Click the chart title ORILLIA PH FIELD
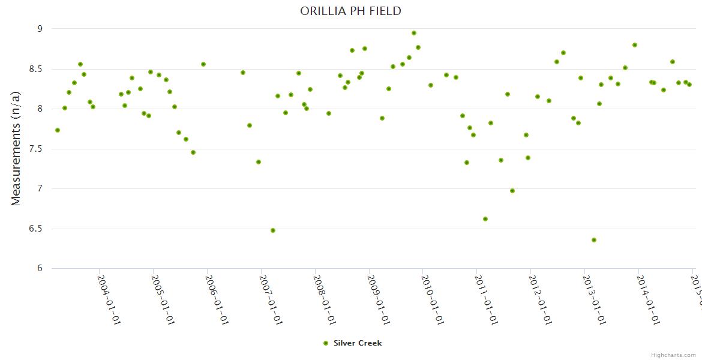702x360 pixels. (x=350, y=11)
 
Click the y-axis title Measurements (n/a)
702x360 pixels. (x=16, y=148)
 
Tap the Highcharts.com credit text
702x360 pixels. (x=674, y=355)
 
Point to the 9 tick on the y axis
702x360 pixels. (x=40, y=29)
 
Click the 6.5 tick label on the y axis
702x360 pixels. (x=36, y=229)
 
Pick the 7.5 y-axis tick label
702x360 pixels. (x=36, y=149)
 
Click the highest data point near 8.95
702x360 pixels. (x=414, y=33)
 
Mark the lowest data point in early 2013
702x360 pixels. (x=594, y=240)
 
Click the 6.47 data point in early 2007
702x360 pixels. (x=273, y=230)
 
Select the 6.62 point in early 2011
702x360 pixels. (x=485, y=219)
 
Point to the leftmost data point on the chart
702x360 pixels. (x=58, y=130)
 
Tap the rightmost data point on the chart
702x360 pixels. (x=689, y=85)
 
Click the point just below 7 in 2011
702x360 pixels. (x=512, y=191)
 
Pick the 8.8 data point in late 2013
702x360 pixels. (x=635, y=45)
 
